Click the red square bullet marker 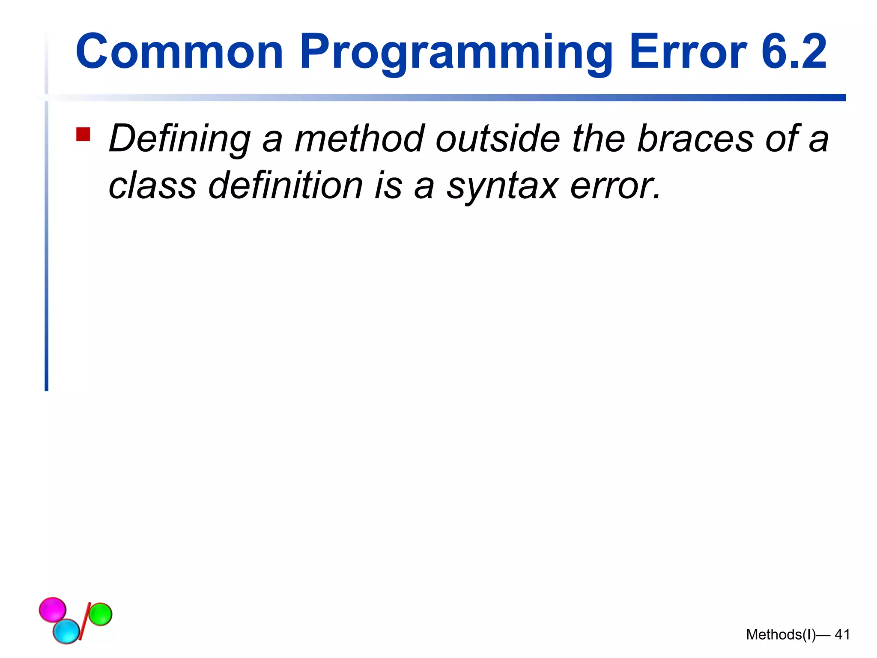[x=83, y=134]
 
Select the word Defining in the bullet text [x=179, y=139]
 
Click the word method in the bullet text [x=359, y=139]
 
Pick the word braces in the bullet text [x=695, y=139]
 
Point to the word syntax [x=502, y=186]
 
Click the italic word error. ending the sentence [x=615, y=186]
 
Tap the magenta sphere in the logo [x=53, y=609]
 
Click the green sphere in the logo [x=101, y=614]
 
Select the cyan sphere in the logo [x=66, y=631]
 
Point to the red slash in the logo [x=84, y=621]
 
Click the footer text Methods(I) [x=781, y=634]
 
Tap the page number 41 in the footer [x=842, y=634]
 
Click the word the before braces [x=599, y=139]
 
